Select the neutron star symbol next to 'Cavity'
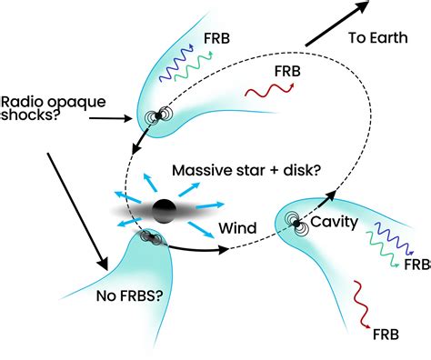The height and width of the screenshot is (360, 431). coord(296,221)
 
